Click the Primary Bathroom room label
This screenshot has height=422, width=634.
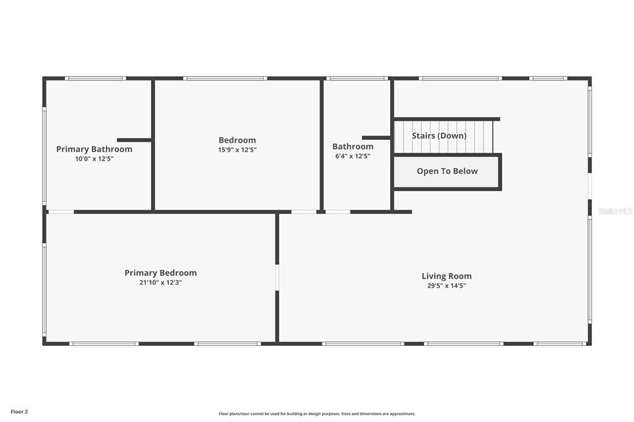coord(94,149)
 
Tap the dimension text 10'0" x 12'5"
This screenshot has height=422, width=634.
coord(94,159)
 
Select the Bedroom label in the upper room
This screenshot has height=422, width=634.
coord(237,140)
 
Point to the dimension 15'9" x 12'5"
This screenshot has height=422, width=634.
coord(237,150)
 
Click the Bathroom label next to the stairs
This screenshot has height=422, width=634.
coord(353,147)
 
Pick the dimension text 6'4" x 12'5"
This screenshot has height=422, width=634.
coord(353,157)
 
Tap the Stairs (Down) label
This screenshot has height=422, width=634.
coord(439,136)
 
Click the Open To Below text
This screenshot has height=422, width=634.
coord(447,171)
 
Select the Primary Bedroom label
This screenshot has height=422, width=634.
coord(160,273)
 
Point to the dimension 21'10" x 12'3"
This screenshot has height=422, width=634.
coord(160,283)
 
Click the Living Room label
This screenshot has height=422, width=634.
coord(446,277)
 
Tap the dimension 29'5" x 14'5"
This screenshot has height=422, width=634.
coord(446,286)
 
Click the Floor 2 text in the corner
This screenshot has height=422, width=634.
coord(19,411)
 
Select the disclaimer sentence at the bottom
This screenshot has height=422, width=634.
coord(316,414)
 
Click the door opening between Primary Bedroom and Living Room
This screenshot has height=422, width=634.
coord(277,277)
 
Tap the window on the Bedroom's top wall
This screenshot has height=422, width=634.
coord(225,79)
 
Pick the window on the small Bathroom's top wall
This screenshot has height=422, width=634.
coord(357,79)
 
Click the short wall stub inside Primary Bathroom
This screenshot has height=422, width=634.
coord(134,140)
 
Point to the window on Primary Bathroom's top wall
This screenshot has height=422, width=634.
coord(95,79)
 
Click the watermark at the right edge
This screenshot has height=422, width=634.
coord(615,211)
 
